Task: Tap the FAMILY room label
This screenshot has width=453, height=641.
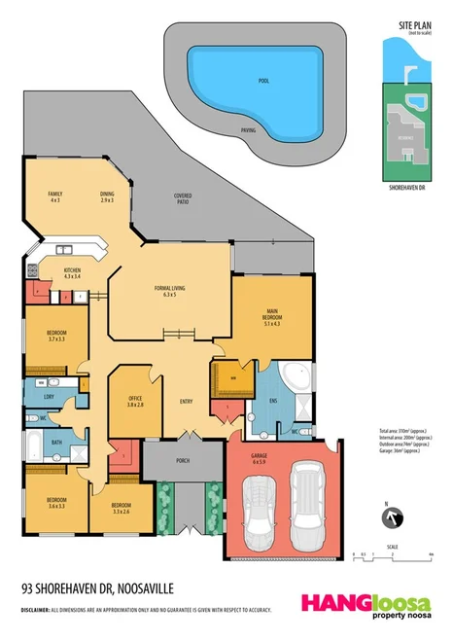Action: pyautogui.click(x=55, y=196)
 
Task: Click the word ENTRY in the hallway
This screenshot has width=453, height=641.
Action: pyautogui.click(x=186, y=401)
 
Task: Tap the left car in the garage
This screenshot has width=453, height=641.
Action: pyautogui.click(x=261, y=508)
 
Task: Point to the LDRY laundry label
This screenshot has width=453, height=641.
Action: pyautogui.click(x=49, y=397)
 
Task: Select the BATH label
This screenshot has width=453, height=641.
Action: pyautogui.click(x=56, y=443)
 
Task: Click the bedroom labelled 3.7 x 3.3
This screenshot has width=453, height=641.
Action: pyautogui.click(x=56, y=337)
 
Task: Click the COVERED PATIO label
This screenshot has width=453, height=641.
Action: pyautogui.click(x=182, y=198)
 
